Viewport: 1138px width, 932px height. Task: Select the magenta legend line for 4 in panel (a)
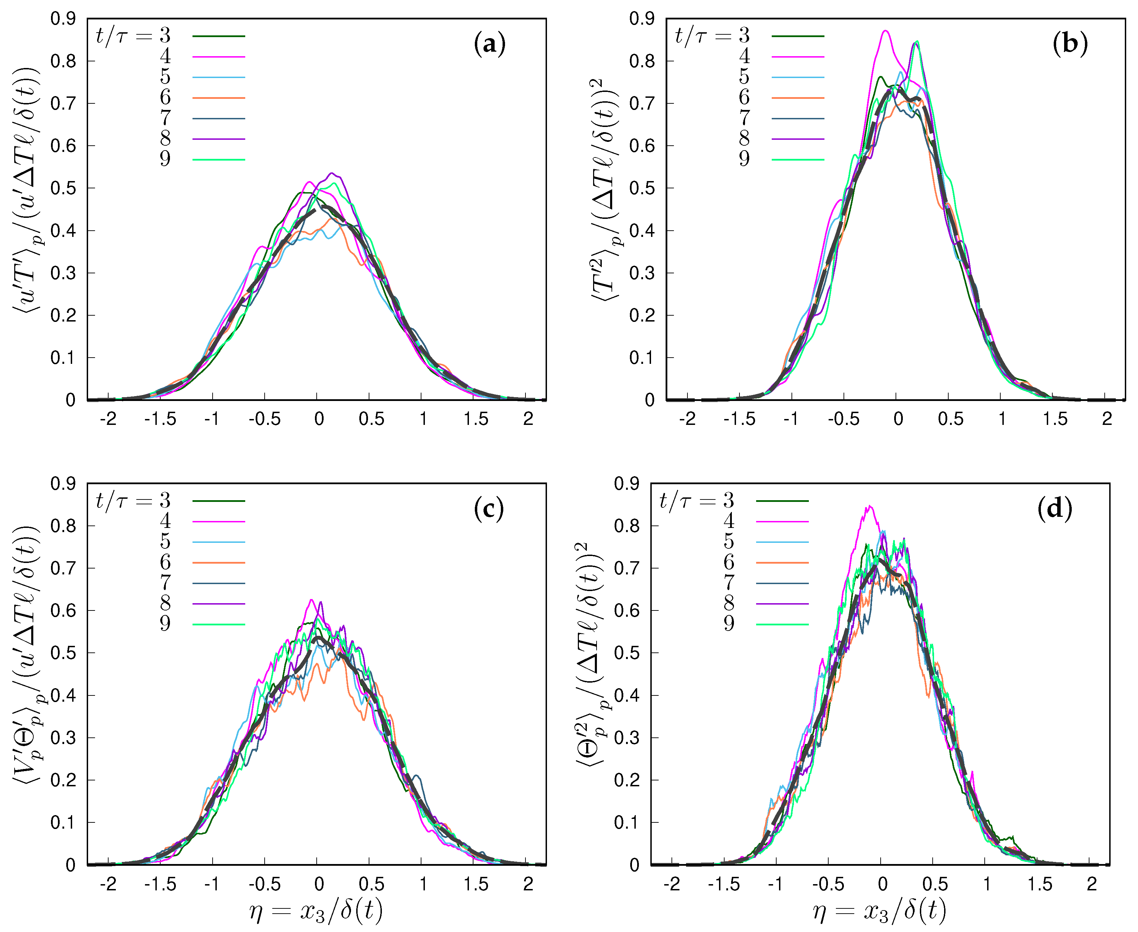pyautogui.click(x=219, y=57)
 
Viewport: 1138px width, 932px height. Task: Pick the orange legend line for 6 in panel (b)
pyautogui.click(x=798, y=98)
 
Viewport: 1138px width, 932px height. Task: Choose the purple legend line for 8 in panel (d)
pyautogui.click(x=782, y=604)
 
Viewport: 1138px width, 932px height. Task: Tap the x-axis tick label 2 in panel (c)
pyautogui.click(x=528, y=884)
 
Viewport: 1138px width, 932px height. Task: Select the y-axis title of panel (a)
pyautogui.click(x=27, y=190)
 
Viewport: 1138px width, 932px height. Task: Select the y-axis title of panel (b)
pyautogui.click(x=606, y=190)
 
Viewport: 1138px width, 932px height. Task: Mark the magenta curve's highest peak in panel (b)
pyautogui.click(x=885, y=31)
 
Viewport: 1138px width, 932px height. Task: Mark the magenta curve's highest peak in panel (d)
pyautogui.click(x=870, y=506)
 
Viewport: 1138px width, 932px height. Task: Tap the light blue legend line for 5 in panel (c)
pyautogui.click(x=219, y=542)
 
